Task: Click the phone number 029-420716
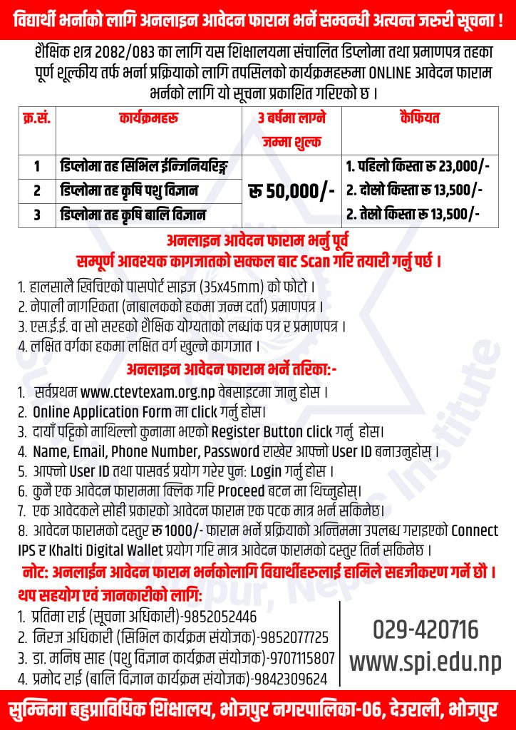[425, 630]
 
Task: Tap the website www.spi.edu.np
[425, 662]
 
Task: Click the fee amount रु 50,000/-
[292, 191]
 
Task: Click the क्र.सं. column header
[36, 115]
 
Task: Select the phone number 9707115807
[300, 657]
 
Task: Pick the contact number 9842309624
[291, 678]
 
